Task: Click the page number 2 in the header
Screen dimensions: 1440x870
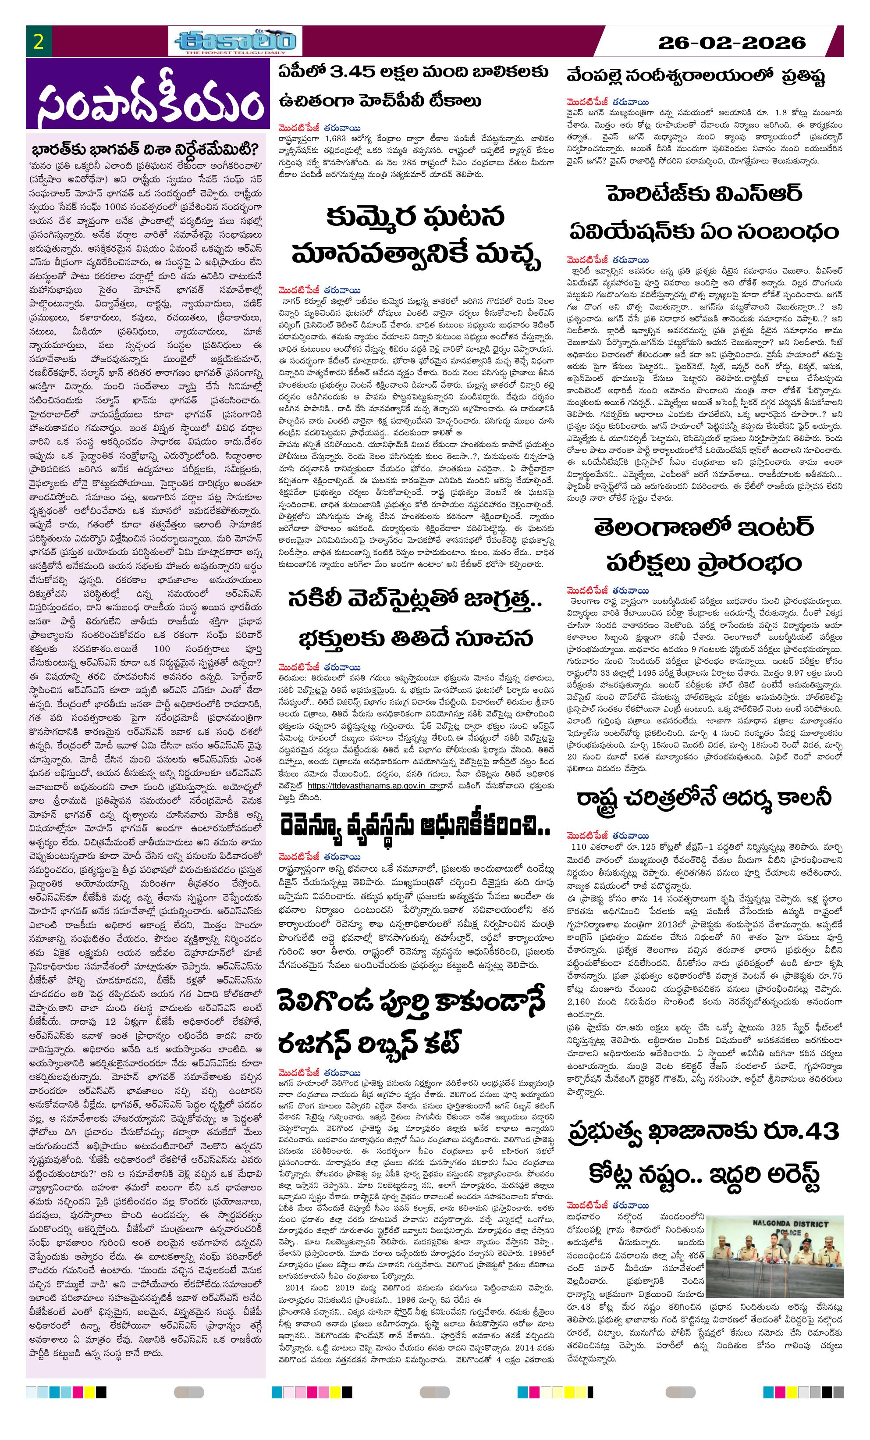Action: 39,42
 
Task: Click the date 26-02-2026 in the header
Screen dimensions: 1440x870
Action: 731,43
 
